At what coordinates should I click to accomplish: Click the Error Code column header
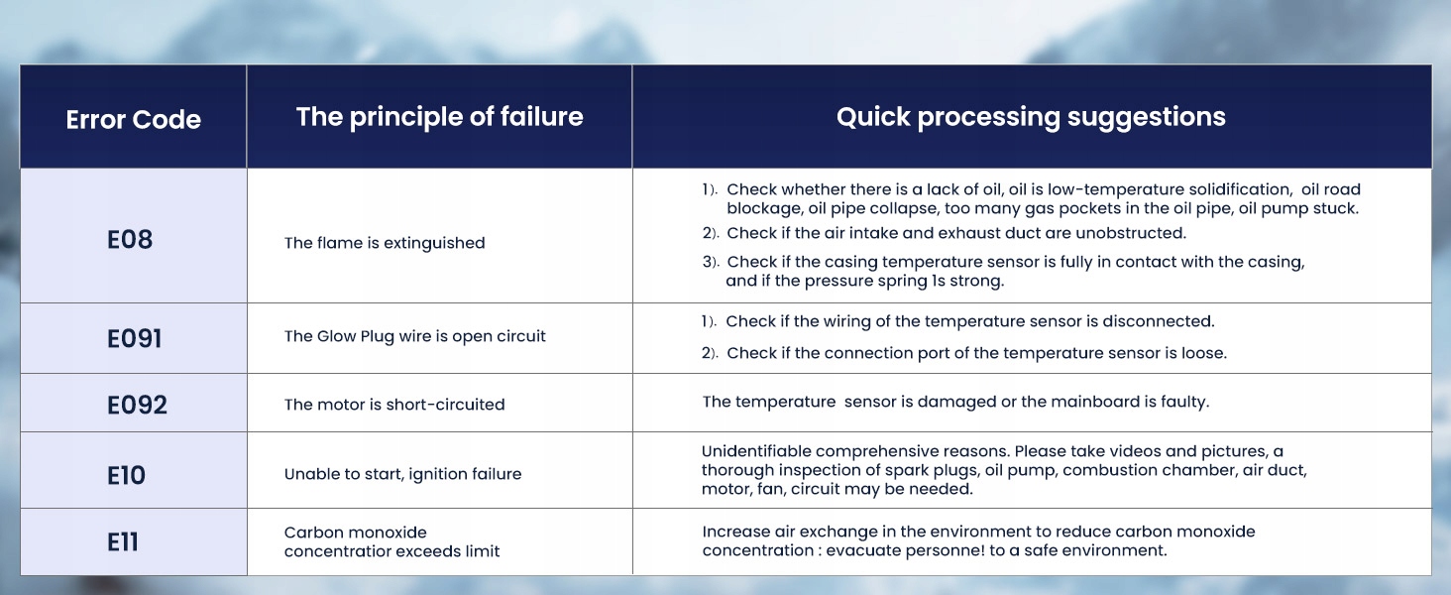click(x=134, y=119)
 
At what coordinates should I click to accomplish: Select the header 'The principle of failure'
click(x=440, y=117)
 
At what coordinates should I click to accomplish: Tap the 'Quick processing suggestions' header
click(x=1031, y=117)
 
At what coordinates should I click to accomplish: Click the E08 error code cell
click(x=130, y=239)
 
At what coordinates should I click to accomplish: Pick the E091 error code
click(x=134, y=338)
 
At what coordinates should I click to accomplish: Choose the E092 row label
click(x=137, y=405)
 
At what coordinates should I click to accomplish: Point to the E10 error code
click(x=126, y=475)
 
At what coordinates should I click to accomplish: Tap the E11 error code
click(x=123, y=541)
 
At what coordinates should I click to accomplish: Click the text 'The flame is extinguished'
click(x=385, y=243)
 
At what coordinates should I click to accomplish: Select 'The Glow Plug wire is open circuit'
click(x=414, y=336)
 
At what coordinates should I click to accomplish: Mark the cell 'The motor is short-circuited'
click(x=393, y=405)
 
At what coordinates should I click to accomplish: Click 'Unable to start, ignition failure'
click(x=402, y=474)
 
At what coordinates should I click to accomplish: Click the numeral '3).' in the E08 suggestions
click(x=711, y=262)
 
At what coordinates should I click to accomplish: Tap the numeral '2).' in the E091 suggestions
click(x=710, y=353)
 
